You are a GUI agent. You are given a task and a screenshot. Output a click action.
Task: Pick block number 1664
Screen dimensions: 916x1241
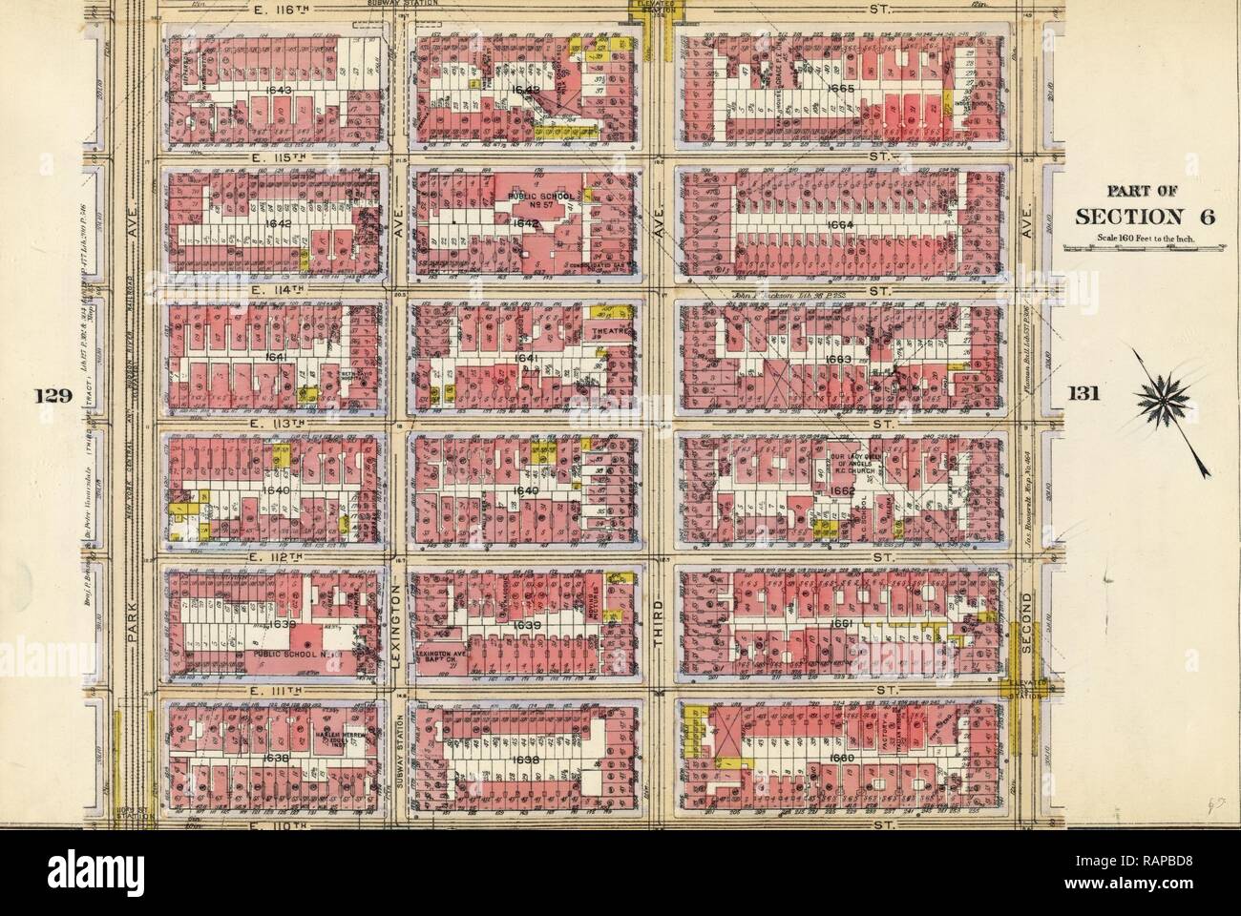[843, 225]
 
